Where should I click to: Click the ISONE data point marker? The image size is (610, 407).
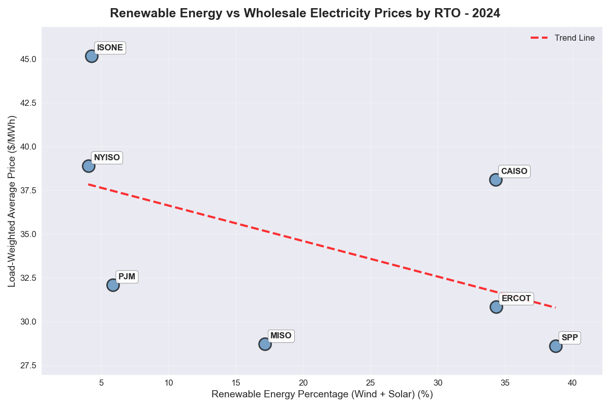tap(91, 56)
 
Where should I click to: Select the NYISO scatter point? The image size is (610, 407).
tap(88, 166)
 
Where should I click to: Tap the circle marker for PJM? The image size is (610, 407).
tap(113, 285)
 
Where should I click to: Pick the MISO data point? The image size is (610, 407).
tap(265, 344)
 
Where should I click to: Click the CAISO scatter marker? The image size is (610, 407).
tap(496, 180)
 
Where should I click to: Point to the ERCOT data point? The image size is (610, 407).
tap(496, 307)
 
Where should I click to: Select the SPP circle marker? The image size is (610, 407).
tap(556, 346)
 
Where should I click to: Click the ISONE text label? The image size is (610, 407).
tap(110, 48)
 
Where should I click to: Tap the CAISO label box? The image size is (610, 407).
tap(514, 171)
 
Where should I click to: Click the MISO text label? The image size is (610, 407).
tap(281, 336)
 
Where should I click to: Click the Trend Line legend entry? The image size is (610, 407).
tap(563, 38)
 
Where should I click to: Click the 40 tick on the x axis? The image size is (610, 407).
tap(572, 382)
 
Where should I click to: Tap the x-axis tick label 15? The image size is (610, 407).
tap(236, 382)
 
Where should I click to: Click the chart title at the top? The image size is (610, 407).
tap(305, 13)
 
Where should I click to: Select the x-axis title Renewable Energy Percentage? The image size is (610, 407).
tap(322, 394)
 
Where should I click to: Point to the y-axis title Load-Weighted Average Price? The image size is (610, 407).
tap(12, 201)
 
